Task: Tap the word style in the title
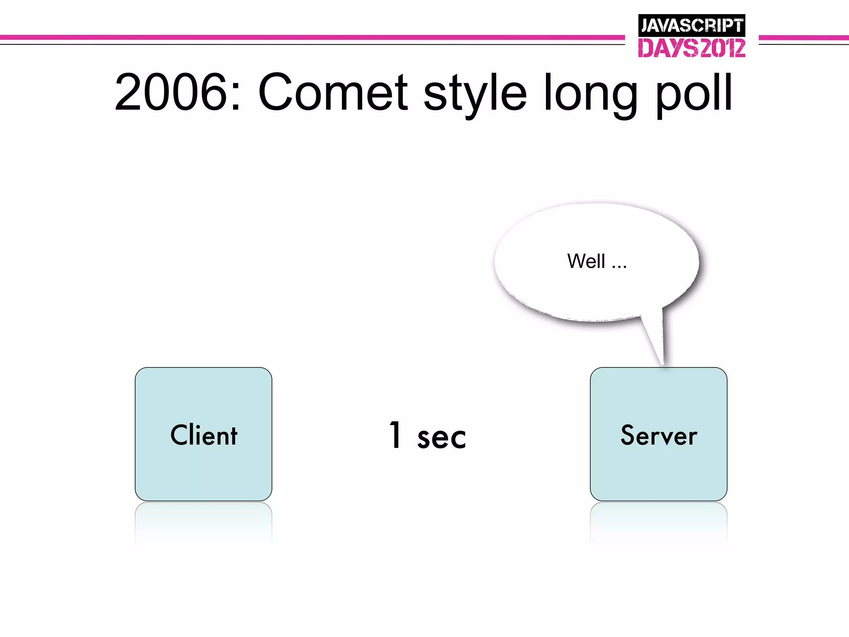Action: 475,93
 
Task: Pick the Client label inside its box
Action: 204,435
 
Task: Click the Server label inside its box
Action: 659,435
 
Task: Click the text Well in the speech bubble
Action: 586,261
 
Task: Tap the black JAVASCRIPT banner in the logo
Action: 691,26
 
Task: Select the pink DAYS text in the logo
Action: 668,48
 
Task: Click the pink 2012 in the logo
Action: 722,48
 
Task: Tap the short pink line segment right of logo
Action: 803,38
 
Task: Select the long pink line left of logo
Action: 311,37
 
